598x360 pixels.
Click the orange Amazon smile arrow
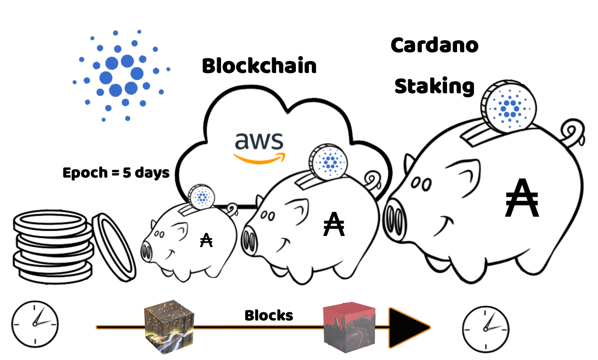click(x=259, y=158)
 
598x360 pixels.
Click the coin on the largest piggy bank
click(x=508, y=108)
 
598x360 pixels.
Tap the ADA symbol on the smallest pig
click(x=206, y=240)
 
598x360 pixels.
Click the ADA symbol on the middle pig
click(x=334, y=225)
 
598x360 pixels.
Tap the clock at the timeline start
click(x=35, y=323)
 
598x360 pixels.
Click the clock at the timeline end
click(x=486, y=326)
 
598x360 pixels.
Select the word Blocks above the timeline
click(x=269, y=316)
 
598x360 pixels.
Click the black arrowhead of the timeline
click(x=408, y=328)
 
